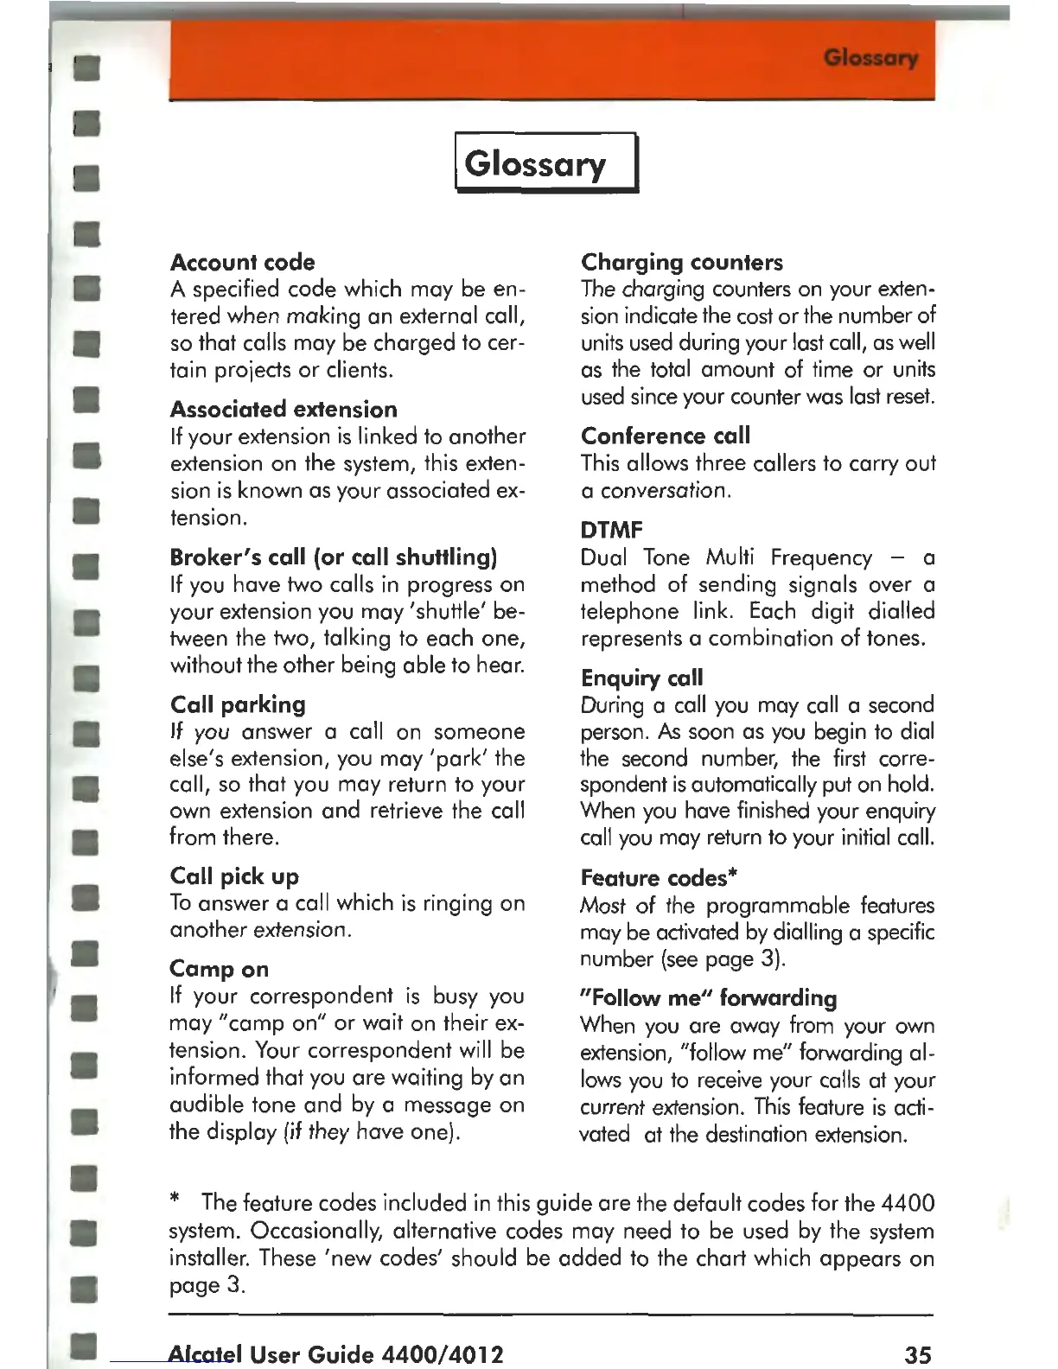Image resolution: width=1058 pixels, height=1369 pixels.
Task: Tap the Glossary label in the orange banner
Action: [870, 58]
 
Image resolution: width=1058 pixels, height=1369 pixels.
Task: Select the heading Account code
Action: [242, 262]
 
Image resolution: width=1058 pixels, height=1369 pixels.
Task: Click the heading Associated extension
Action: [284, 409]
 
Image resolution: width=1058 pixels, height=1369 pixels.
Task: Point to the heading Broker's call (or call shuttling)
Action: [333, 557]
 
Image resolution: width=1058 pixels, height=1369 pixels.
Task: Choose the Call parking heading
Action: [238, 704]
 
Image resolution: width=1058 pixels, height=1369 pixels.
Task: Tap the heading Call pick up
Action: [234, 876]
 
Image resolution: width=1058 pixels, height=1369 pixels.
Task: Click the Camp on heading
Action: [219, 969]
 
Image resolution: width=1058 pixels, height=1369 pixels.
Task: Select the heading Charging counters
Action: [681, 262]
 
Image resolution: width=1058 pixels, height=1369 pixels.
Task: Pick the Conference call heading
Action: [665, 436]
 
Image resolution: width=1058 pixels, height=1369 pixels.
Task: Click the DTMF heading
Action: [611, 530]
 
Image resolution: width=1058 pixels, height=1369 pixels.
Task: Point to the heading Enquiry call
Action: [641, 678]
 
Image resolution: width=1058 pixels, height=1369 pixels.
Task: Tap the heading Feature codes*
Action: [658, 878]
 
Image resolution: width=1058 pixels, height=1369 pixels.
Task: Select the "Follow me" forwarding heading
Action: [708, 998]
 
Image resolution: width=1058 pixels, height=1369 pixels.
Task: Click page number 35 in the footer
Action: [918, 1353]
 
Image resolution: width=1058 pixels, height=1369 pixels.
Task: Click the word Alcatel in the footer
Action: [205, 1353]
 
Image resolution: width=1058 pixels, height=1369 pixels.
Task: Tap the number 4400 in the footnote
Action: [908, 1203]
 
